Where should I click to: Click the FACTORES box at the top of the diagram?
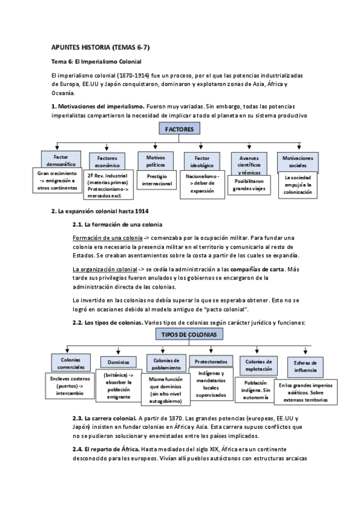click(180, 129)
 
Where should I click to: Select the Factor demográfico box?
click(57, 159)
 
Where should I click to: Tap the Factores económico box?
click(107, 161)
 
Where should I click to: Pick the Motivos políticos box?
click(155, 160)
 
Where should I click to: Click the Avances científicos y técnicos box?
click(249, 161)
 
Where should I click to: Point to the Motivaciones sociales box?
click(297, 161)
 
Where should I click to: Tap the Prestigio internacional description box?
click(156, 179)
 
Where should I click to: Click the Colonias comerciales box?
click(70, 362)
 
